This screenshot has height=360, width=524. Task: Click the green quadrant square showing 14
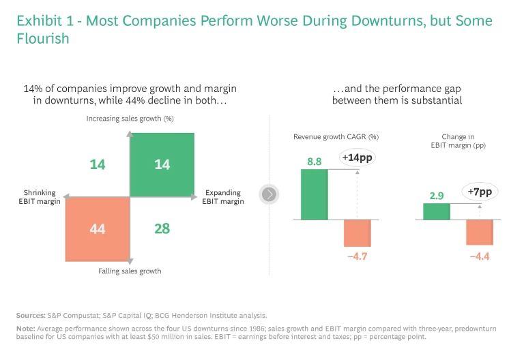(162, 164)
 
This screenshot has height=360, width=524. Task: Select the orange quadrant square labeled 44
(98, 228)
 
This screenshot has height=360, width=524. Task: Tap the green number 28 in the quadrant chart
(162, 228)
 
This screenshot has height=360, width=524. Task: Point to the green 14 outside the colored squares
(98, 164)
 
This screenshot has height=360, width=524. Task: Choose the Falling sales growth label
(130, 271)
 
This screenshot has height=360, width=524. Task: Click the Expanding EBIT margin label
(224, 197)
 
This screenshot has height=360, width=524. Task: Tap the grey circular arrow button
(270, 195)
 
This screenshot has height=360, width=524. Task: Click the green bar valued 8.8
(314, 194)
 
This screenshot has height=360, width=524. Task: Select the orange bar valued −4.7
(357, 232)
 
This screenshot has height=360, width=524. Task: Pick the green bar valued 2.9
(436, 211)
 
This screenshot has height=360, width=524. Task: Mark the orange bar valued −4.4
(480, 232)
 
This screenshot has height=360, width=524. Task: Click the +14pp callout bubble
(358, 158)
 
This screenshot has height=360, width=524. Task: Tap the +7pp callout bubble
(480, 192)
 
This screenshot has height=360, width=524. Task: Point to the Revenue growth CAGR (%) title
(336, 137)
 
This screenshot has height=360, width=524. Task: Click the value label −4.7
(357, 256)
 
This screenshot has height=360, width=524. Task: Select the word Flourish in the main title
(43, 39)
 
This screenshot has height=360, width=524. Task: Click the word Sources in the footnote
(31, 315)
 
